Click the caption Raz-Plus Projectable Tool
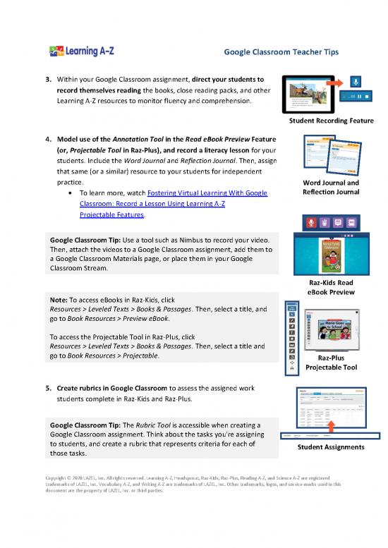click(x=330, y=362)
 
